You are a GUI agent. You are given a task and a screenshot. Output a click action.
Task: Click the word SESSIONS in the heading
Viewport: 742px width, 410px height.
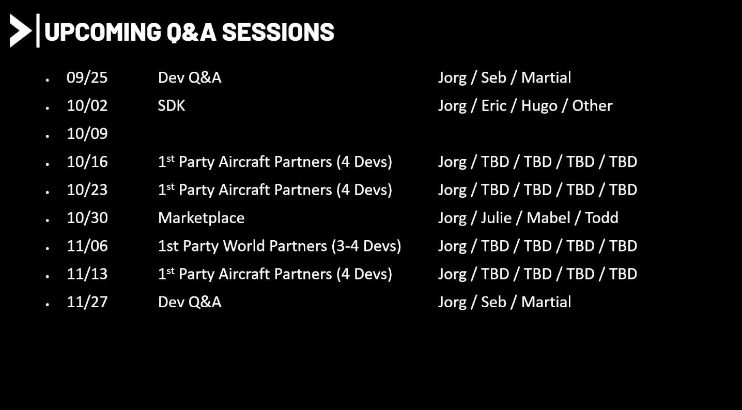coord(278,32)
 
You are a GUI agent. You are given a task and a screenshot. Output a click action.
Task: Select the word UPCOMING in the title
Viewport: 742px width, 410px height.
coord(103,32)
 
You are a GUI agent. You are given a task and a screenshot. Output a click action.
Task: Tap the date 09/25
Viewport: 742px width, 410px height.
coord(87,78)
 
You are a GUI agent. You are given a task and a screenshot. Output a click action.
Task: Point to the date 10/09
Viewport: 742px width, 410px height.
coord(87,134)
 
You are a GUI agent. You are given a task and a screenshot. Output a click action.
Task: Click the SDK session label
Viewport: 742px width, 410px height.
coord(171,105)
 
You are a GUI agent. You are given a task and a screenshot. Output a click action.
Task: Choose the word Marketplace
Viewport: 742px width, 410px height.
coord(201,218)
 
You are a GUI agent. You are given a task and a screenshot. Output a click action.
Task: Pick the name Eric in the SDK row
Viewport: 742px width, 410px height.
coord(493,105)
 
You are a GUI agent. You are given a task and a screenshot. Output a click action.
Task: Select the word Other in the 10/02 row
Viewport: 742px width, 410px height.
coord(592,105)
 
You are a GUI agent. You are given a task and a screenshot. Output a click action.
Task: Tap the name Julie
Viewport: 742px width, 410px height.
coord(496,218)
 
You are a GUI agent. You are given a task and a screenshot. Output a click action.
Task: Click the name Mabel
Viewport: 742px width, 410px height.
coord(549,218)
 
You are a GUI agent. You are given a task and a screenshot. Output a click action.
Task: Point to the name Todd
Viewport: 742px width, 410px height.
coord(601,218)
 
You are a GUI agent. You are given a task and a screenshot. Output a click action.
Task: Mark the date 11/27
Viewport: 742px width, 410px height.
coord(87,302)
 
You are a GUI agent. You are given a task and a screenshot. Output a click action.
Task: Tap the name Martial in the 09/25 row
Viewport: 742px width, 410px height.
coord(546,78)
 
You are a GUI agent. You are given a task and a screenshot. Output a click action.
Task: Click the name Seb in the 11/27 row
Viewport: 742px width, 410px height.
coord(493,302)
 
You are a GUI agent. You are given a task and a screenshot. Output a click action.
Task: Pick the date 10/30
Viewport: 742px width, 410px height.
coord(87,218)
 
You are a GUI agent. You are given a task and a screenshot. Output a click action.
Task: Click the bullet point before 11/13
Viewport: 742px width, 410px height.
coord(48,276)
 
